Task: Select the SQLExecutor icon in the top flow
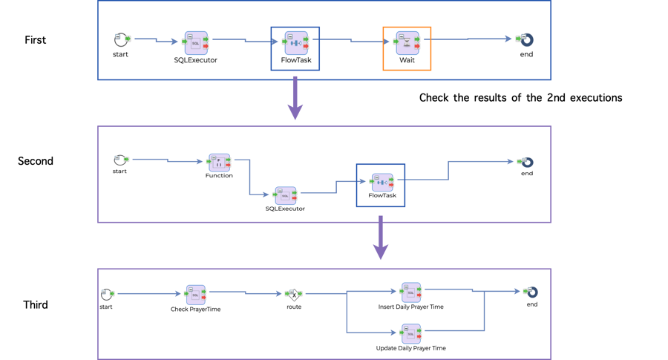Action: (196, 43)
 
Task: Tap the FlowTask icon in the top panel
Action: (295, 43)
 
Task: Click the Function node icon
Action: (220, 163)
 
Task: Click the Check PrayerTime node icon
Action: (196, 294)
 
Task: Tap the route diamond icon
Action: (294, 294)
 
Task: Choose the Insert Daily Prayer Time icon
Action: (410, 292)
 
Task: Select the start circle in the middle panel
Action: (119, 160)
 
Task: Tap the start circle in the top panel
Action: (122, 39)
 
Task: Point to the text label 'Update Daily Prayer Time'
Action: (410, 347)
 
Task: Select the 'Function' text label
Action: (219, 176)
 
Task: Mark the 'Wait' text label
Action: (407, 59)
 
